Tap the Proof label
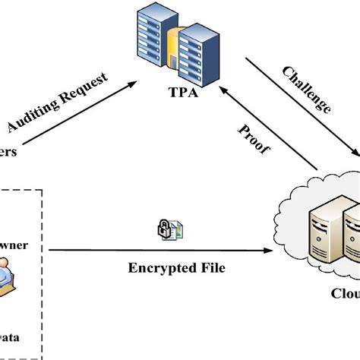[256, 139]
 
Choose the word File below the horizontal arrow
[209, 267]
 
